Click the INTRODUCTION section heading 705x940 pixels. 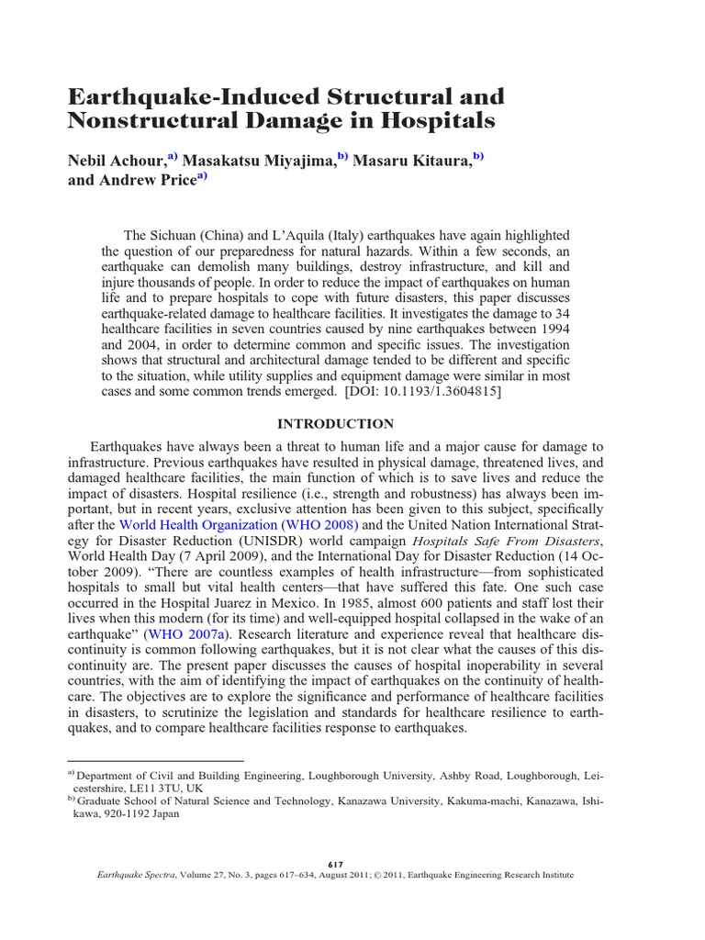[335, 424]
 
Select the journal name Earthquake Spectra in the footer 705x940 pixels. [137, 876]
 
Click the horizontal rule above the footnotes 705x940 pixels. [155, 761]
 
